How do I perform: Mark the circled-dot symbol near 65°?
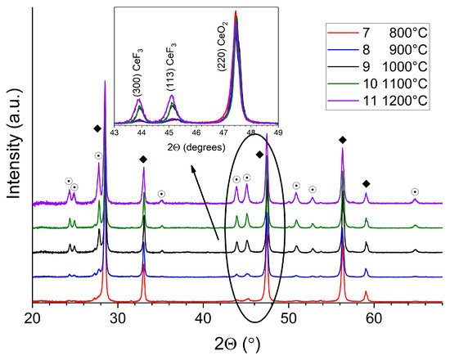coord(415,191)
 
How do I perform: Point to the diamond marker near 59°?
coord(366,183)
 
